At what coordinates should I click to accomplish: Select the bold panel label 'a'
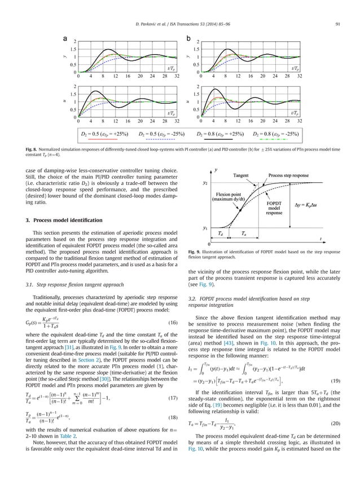[x=65, y=38]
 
